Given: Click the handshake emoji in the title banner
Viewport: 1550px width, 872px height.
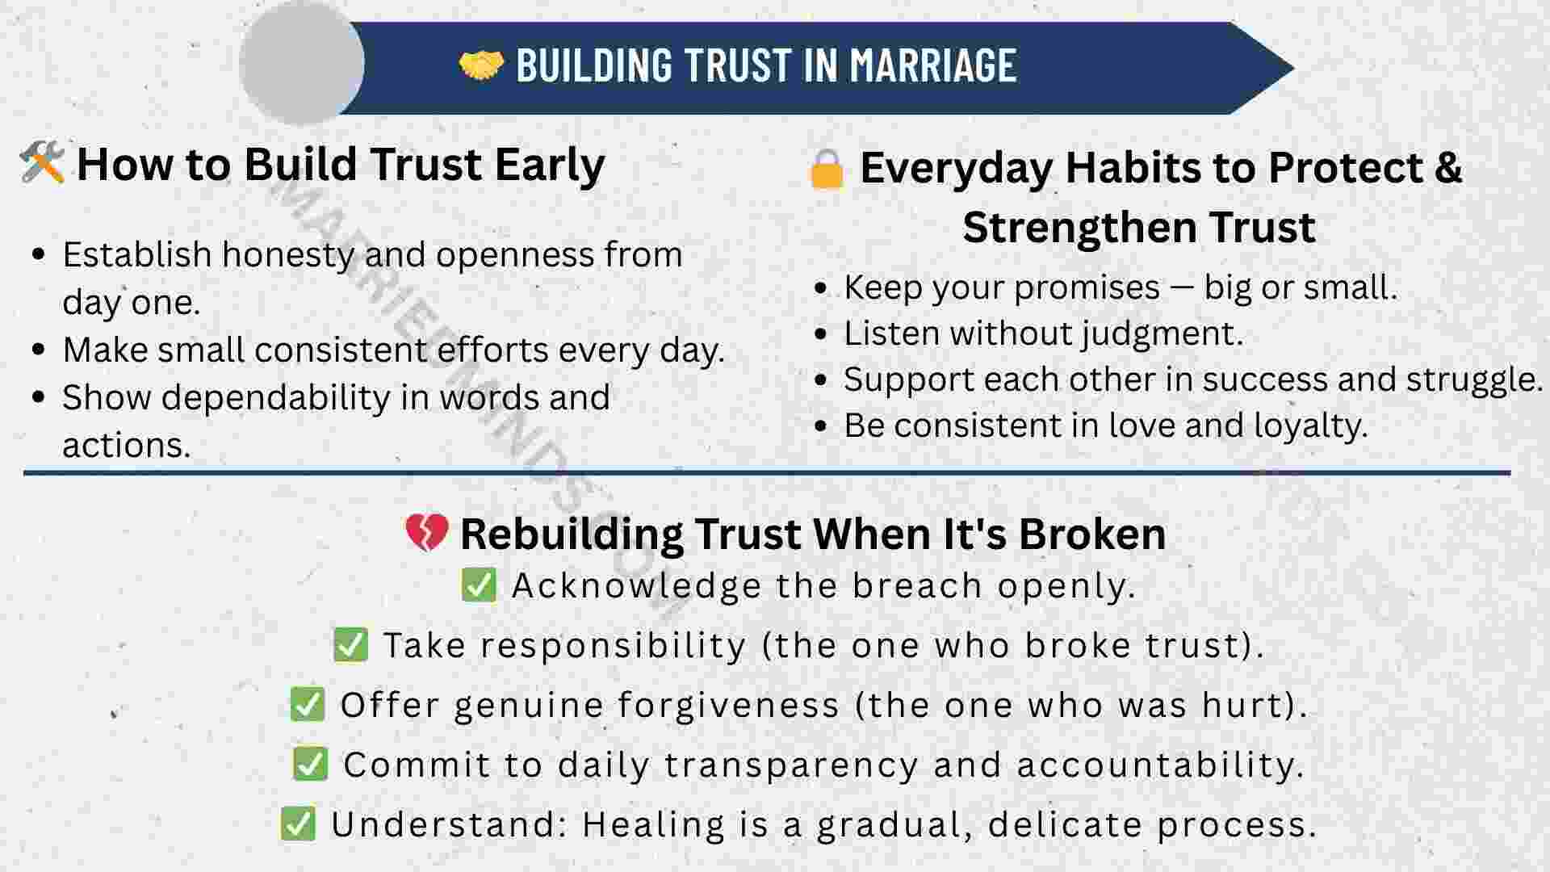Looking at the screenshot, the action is tap(481, 65).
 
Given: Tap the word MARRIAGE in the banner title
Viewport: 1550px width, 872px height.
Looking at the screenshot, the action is tap(933, 65).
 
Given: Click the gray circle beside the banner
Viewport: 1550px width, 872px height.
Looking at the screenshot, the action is tap(302, 63).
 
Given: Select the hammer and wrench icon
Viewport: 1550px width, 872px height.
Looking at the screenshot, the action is tap(42, 163).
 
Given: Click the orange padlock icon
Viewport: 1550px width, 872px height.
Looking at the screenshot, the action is tap(826, 170).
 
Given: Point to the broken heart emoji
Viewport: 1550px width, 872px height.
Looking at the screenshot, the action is tap(426, 533).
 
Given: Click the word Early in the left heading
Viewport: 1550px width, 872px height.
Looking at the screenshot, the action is tap(550, 165).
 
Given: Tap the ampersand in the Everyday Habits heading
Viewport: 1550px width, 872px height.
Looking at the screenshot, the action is tap(1447, 167).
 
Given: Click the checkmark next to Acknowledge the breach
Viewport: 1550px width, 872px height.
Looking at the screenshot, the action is tap(479, 585).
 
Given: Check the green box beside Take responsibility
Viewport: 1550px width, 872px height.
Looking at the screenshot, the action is tap(350, 644).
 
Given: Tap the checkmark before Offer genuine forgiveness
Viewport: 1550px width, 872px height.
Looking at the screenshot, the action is tap(308, 704).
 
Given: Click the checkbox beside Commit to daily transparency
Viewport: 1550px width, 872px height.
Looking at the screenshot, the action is tap(310, 764).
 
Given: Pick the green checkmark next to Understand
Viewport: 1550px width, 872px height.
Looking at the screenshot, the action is tap(298, 824).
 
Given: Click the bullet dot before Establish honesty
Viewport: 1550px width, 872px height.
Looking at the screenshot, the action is tap(39, 255).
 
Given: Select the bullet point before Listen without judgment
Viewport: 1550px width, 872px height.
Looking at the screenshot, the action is tap(821, 333).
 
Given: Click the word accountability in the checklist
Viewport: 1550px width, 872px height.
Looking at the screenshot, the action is tap(1160, 765).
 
